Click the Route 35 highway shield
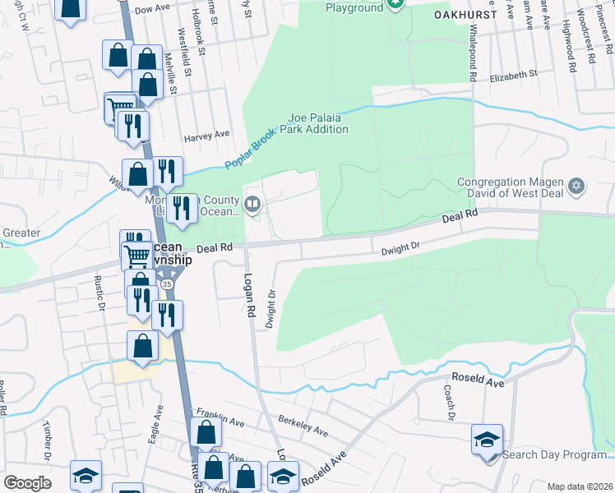tap(167, 283)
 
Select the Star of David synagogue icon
tap(576, 187)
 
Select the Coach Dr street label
tap(449, 403)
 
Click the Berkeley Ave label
tap(303, 426)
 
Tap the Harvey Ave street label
tap(206, 136)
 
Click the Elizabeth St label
tap(512, 74)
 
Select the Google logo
tap(27, 483)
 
